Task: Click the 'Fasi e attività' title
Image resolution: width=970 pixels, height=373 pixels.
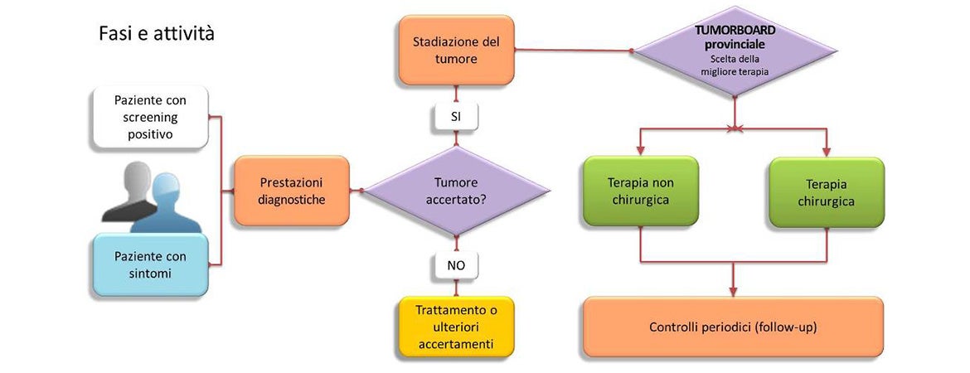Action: click(157, 34)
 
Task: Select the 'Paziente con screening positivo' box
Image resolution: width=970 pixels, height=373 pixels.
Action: click(150, 117)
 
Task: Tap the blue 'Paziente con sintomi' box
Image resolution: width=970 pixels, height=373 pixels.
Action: click(150, 264)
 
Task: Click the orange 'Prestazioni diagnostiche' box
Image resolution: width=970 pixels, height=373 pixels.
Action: click(292, 191)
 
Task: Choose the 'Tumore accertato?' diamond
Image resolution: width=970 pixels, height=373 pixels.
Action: click(456, 191)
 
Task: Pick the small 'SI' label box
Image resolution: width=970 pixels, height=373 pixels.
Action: click(456, 117)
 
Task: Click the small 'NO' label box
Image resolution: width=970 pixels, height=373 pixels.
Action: click(456, 266)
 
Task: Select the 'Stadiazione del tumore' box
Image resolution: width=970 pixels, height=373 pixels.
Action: click(456, 50)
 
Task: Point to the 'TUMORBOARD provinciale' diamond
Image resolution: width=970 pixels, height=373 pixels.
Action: click(735, 51)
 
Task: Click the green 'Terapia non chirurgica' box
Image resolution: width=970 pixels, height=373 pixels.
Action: click(640, 191)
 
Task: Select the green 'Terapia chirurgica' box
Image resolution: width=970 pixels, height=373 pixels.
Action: click(827, 191)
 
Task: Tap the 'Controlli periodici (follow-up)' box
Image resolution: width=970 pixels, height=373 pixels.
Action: click(733, 327)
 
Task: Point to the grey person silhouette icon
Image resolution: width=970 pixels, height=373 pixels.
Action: click(129, 191)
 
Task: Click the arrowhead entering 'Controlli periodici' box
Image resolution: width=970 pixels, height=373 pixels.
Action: click(734, 291)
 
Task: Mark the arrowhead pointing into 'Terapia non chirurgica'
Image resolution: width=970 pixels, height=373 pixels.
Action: click(640, 152)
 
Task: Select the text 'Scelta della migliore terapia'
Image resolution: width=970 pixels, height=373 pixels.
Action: click(735, 65)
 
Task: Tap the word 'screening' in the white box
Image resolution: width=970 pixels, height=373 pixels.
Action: click(150, 116)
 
